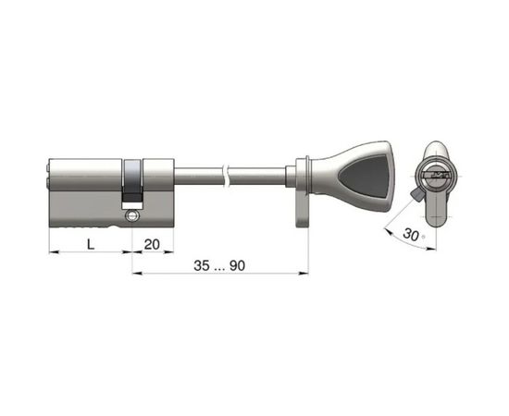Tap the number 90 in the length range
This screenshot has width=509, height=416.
tap(237, 265)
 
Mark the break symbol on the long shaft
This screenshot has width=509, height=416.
tap(227, 174)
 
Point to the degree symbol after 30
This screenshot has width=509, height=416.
tap(424, 238)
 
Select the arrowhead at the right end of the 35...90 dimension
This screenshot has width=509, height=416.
tap(303, 273)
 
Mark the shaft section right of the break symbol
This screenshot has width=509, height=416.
tap(259, 174)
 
